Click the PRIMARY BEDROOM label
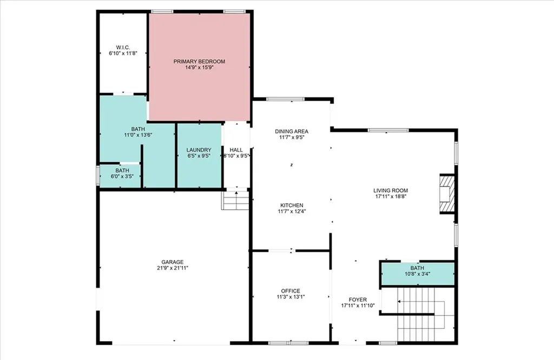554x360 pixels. click(x=199, y=62)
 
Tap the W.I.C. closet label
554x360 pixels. click(x=123, y=47)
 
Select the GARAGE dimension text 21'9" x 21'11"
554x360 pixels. click(x=173, y=268)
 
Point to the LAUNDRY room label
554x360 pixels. click(x=199, y=150)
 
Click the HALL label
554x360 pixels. click(x=236, y=150)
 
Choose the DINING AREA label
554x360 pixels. click(x=292, y=132)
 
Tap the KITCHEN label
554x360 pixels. click(x=292, y=205)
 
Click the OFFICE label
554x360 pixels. click(x=291, y=291)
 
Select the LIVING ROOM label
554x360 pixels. click(x=391, y=191)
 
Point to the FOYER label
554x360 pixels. click(x=358, y=300)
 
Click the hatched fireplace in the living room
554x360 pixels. click(x=446, y=194)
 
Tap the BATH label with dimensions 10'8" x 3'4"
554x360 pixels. click(x=417, y=268)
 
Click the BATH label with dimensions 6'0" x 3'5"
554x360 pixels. click(x=122, y=171)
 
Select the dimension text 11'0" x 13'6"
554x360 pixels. click(x=138, y=135)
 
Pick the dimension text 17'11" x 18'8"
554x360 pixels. click(x=391, y=197)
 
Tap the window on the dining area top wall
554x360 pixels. click(x=285, y=99)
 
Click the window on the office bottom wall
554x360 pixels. click(x=288, y=343)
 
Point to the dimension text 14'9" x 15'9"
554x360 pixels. click(x=199, y=68)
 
